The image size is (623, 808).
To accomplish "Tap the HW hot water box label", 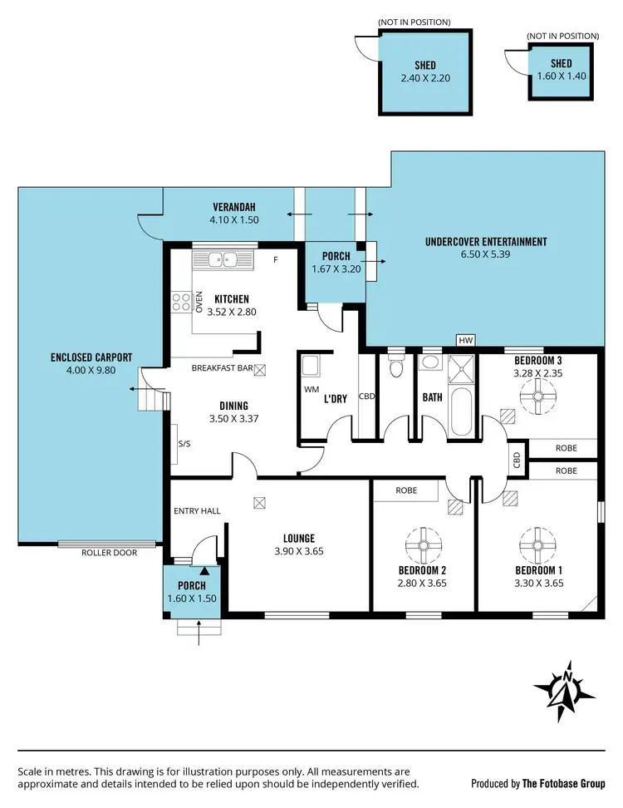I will click(466, 341).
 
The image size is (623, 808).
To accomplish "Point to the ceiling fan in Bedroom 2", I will click(422, 545).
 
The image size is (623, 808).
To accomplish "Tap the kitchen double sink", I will click(223, 259).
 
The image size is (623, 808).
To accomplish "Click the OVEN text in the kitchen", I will click(199, 301).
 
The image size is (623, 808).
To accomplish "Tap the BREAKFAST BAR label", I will click(221, 367).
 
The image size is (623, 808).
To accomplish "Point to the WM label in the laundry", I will click(312, 389).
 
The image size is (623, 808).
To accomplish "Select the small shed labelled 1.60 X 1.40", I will click(562, 71).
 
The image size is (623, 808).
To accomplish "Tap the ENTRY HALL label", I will click(196, 510).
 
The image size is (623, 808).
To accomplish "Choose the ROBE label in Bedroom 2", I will click(405, 491).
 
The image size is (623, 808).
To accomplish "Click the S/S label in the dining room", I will click(184, 444).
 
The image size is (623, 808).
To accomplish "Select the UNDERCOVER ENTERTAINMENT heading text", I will click(485, 242).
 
